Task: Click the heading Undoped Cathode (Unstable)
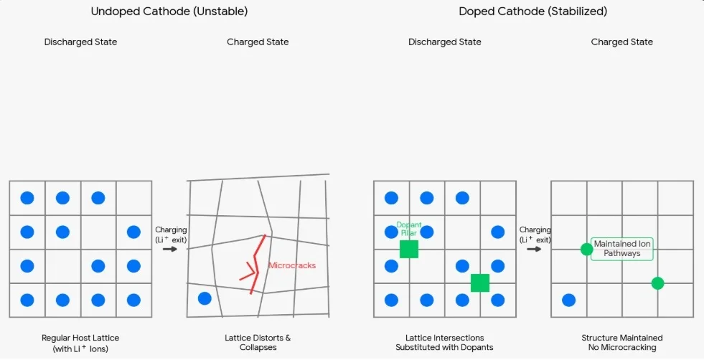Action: click(169, 11)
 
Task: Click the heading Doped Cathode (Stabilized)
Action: click(533, 11)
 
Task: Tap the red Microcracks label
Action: click(292, 265)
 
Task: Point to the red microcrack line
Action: click(255, 265)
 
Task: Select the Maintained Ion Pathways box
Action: click(622, 249)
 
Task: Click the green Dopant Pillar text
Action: click(409, 229)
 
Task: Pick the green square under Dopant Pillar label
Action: click(409, 249)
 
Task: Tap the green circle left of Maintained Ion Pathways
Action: click(586, 249)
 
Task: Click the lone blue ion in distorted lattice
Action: click(205, 298)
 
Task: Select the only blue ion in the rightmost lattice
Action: click(568, 300)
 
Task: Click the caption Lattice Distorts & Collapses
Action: click(258, 343)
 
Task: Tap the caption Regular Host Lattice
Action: click(80, 338)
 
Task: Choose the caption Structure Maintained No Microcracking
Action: click(622, 343)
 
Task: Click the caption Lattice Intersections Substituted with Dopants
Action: click(444, 343)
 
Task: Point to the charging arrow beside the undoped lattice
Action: click(170, 249)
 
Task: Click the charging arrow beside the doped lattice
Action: click(535, 249)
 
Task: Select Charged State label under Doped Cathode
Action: click(622, 42)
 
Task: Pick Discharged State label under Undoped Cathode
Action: click(81, 42)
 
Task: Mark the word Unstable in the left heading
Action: click(220, 11)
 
